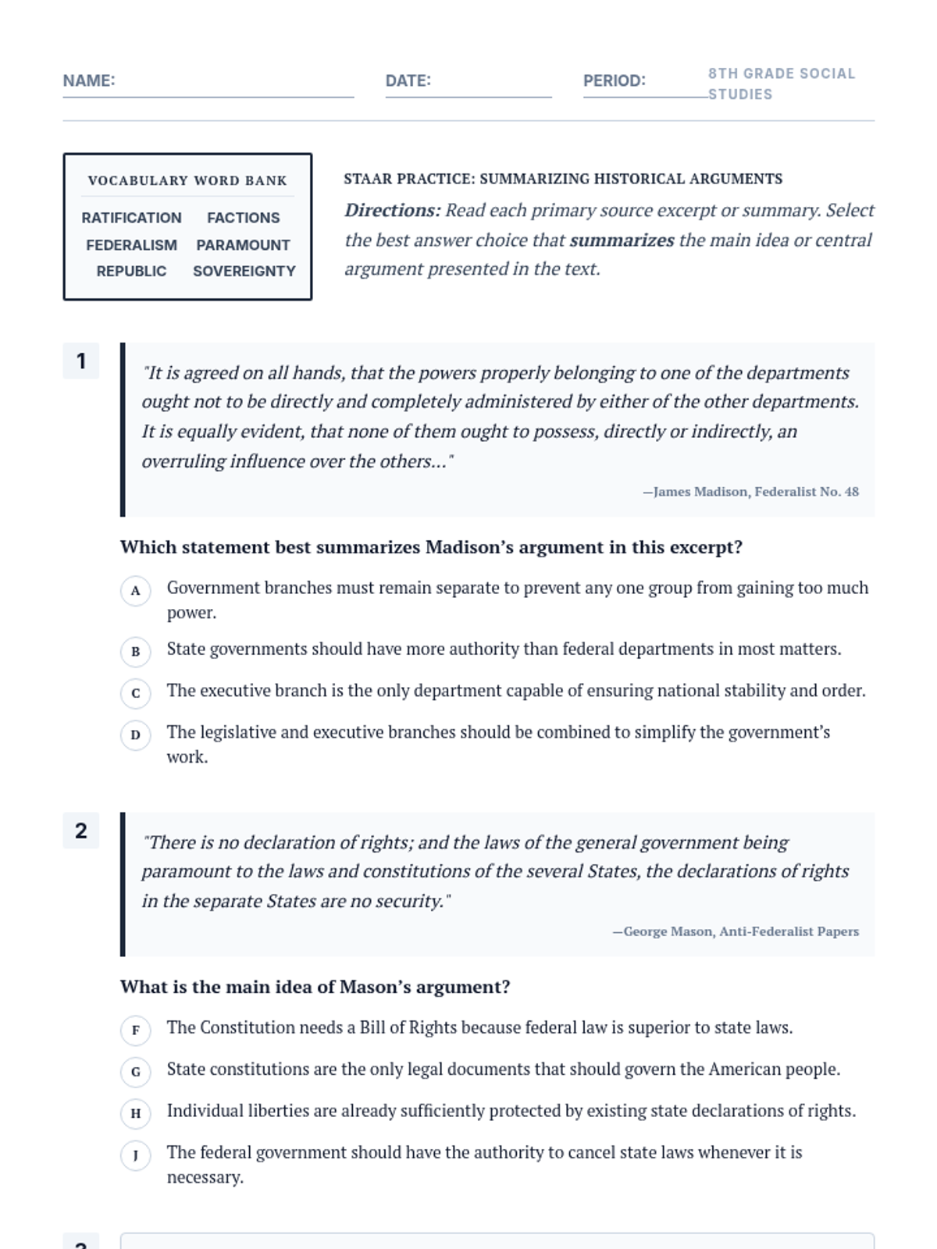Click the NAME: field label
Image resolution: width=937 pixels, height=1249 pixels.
click(x=89, y=80)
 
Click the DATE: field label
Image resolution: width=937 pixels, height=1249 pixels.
click(x=408, y=80)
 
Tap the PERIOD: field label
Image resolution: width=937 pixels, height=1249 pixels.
click(x=614, y=80)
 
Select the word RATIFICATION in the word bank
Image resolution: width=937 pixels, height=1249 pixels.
click(x=131, y=218)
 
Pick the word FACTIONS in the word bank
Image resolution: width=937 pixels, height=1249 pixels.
click(x=243, y=218)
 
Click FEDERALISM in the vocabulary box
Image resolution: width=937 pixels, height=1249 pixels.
click(x=131, y=245)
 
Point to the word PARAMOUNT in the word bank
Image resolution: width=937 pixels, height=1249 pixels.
click(x=243, y=245)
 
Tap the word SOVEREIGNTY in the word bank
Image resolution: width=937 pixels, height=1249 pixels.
click(x=244, y=271)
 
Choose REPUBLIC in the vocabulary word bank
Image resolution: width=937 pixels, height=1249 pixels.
click(x=131, y=271)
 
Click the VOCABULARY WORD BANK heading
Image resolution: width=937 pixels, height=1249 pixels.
click(x=187, y=180)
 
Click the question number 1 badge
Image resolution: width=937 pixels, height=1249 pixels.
click(x=81, y=361)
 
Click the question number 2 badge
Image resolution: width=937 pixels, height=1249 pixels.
click(x=81, y=831)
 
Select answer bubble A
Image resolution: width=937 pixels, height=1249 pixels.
click(x=136, y=591)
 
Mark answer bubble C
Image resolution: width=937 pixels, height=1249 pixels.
click(x=136, y=693)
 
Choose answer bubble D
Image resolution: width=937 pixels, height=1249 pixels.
click(x=136, y=735)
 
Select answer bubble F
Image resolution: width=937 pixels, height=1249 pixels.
click(x=136, y=1030)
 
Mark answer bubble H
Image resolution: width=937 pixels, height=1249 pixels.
click(x=136, y=1113)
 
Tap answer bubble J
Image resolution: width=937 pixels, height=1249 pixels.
click(x=136, y=1155)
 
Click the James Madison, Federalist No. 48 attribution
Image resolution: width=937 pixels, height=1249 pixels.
click(x=750, y=492)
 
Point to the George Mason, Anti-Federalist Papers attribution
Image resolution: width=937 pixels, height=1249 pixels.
click(x=736, y=931)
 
